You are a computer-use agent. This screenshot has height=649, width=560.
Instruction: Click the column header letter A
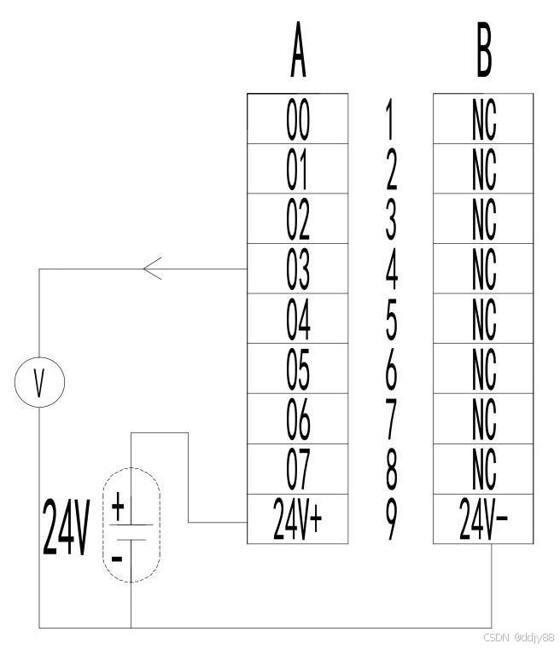click(298, 57)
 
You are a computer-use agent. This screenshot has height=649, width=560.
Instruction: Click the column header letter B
click(483, 57)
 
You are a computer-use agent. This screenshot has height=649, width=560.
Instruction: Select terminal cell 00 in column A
click(297, 120)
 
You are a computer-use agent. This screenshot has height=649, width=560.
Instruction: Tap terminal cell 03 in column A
click(297, 269)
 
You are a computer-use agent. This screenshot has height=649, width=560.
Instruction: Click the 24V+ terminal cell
click(297, 519)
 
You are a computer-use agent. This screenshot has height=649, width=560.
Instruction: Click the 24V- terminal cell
click(483, 519)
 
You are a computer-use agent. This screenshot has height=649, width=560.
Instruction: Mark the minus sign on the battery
click(118, 559)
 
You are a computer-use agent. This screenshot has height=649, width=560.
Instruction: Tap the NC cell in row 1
click(483, 120)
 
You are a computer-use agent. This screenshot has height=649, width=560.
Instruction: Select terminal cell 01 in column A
click(297, 170)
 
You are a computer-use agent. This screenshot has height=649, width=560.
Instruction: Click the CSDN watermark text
click(518, 637)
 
